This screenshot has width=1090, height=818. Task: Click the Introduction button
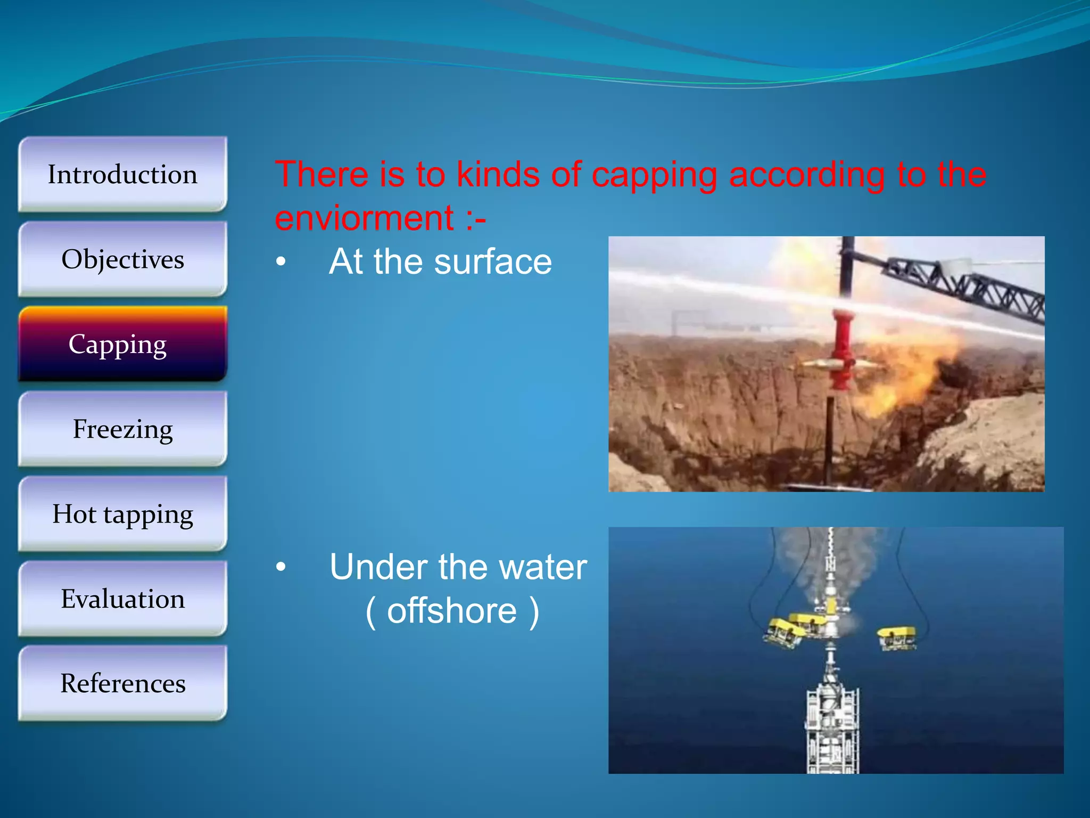click(122, 175)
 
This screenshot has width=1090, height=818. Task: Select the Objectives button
click(122, 260)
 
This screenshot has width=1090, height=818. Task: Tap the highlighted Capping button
click(122, 345)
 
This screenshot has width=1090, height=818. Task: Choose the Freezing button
click(122, 429)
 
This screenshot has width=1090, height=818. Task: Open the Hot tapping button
click(122, 514)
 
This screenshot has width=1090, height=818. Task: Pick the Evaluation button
click(122, 599)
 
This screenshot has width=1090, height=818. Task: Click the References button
click(122, 684)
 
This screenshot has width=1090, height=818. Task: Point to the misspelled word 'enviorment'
click(364, 218)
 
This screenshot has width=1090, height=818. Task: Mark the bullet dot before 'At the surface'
click(281, 262)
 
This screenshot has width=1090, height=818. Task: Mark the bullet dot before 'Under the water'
click(281, 568)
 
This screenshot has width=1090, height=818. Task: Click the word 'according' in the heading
click(806, 176)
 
